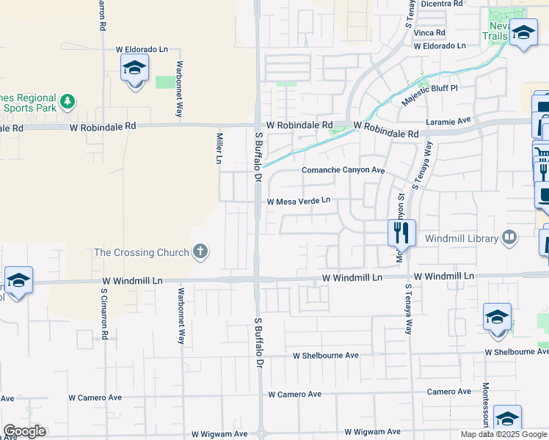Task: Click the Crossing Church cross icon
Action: (x=200, y=252)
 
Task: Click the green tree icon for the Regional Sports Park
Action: (x=68, y=100)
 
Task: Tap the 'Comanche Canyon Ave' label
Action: (x=343, y=170)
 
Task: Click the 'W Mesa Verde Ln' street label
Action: (x=298, y=201)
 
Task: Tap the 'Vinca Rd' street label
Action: (x=430, y=33)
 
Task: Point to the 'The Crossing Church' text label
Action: (x=142, y=253)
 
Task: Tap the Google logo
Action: (x=24, y=431)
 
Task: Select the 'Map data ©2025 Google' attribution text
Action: (x=503, y=434)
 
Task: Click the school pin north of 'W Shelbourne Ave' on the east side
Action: (x=497, y=318)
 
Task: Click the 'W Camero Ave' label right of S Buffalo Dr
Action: (x=294, y=395)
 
